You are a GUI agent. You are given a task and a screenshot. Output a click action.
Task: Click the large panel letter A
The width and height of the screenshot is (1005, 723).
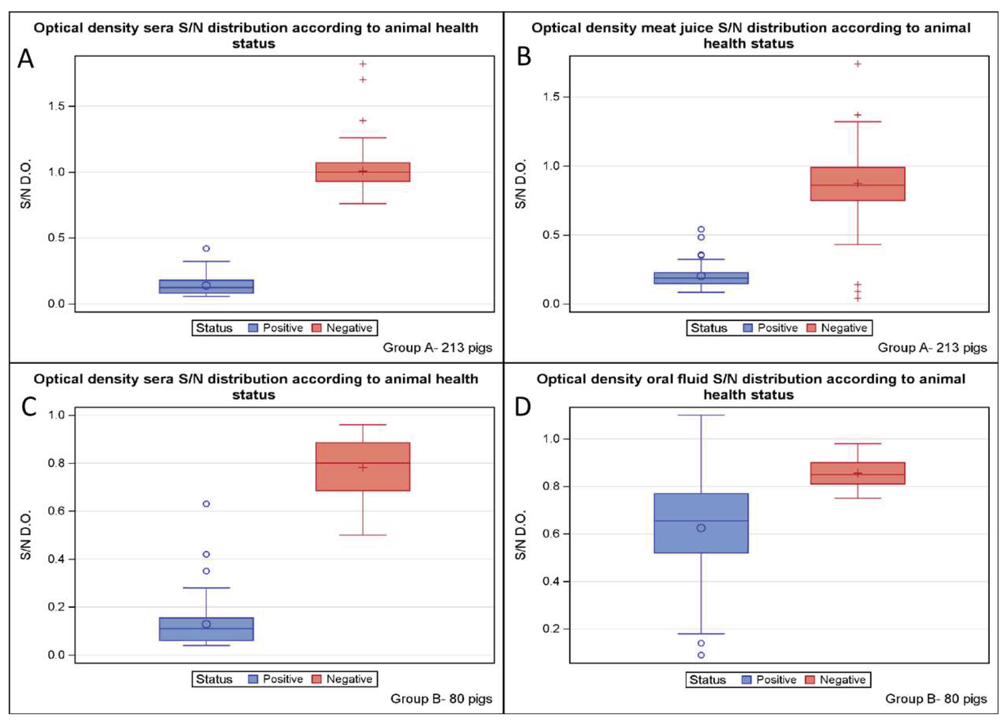25,59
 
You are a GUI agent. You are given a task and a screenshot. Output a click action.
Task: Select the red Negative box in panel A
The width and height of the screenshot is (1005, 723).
362,172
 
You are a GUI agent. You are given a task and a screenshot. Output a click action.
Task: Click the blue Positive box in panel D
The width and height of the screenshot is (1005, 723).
701,523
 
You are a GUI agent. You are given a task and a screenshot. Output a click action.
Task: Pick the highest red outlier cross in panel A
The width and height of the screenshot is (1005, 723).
363,64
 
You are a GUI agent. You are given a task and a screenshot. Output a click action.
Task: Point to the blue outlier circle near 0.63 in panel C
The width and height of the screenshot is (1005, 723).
206,504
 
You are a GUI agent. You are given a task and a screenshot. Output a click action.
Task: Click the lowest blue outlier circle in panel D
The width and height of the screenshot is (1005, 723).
701,655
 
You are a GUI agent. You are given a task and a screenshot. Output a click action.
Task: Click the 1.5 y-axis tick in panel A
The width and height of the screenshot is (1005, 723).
56,106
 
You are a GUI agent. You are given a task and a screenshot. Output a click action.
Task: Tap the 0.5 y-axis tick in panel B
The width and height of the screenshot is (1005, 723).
551,235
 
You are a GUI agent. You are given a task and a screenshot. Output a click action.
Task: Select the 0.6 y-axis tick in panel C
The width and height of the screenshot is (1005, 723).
56,511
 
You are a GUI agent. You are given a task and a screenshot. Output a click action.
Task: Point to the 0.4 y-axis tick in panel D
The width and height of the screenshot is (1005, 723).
551,581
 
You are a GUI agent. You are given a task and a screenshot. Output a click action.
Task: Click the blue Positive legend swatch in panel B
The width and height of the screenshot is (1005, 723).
748,328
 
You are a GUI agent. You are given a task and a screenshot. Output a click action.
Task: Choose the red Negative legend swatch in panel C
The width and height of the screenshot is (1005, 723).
317,679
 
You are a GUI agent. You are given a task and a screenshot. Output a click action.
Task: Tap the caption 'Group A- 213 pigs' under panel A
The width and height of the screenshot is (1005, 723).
437,347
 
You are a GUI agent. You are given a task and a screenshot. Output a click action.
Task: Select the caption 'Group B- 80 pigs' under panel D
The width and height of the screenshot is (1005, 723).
936,699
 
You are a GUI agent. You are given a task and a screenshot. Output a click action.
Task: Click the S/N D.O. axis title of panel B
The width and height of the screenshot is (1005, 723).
521,184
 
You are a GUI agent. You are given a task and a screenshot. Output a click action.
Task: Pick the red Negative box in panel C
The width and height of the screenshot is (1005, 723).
362,466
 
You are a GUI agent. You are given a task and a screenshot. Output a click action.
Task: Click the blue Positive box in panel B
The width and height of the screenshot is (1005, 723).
701,278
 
